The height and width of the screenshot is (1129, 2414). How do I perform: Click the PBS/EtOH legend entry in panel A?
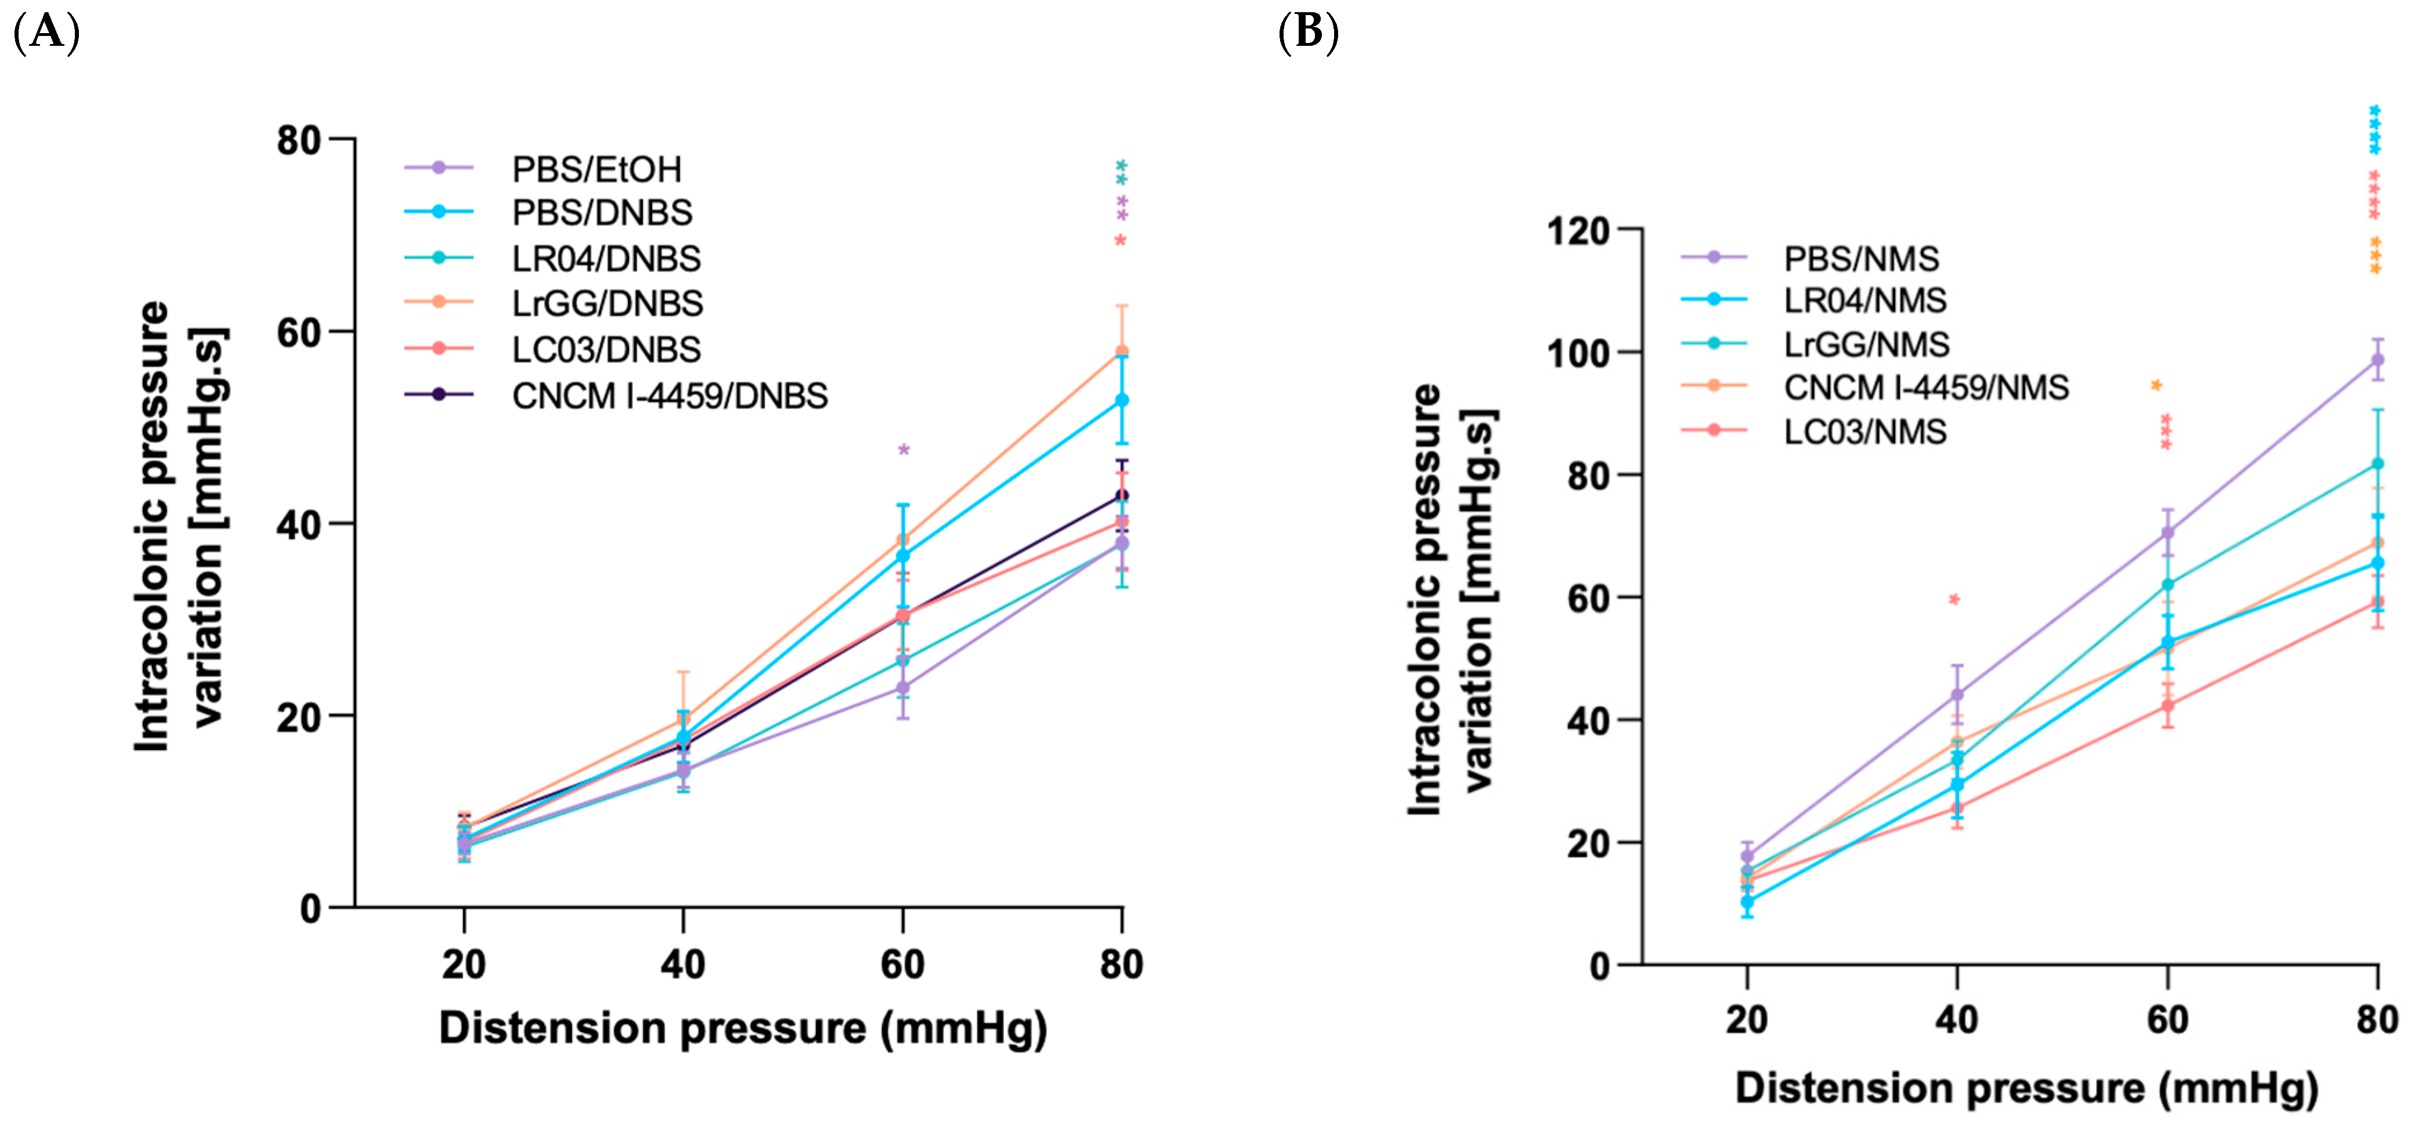[x=596, y=169]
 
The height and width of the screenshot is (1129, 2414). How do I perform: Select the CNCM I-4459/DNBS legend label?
[x=669, y=396]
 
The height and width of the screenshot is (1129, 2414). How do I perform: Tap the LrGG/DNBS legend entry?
[x=606, y=303]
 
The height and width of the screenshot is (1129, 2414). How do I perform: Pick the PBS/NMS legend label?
[x=1860, y=259]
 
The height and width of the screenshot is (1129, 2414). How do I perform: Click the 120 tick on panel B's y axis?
[x=1578, y=230]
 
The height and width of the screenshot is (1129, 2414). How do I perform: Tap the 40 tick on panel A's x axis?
[x=682, y=964]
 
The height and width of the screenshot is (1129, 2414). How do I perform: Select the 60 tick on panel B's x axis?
[x=2167, y=1019]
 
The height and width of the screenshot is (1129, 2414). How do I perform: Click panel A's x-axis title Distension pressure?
[x=742, y=1028]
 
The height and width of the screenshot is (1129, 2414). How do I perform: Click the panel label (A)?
[x=46, y=33]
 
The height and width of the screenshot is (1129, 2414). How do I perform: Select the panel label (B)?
[x=1308, y=33]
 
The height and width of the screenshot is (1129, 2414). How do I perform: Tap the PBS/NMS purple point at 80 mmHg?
[x=2376, y=360]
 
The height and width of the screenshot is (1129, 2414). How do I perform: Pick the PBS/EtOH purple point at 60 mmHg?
[x=902, y=687]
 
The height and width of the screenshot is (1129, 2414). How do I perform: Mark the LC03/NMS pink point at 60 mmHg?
[x=2167, y=705]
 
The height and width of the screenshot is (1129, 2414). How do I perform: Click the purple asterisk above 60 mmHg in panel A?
[x=904, y=450]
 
